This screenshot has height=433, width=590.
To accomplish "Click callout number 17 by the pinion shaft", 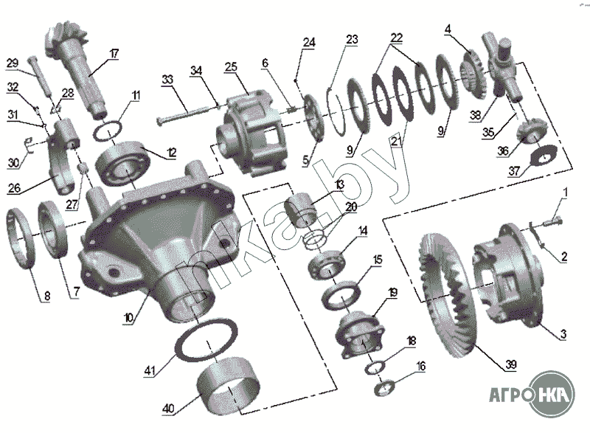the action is click(114, 53).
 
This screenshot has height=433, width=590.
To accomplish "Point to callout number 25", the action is click(230, 67).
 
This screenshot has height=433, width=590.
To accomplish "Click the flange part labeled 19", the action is click(359, 336).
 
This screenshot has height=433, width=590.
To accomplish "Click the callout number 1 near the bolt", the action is click(566, 194).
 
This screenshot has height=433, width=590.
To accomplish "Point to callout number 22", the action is click(397, 37).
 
